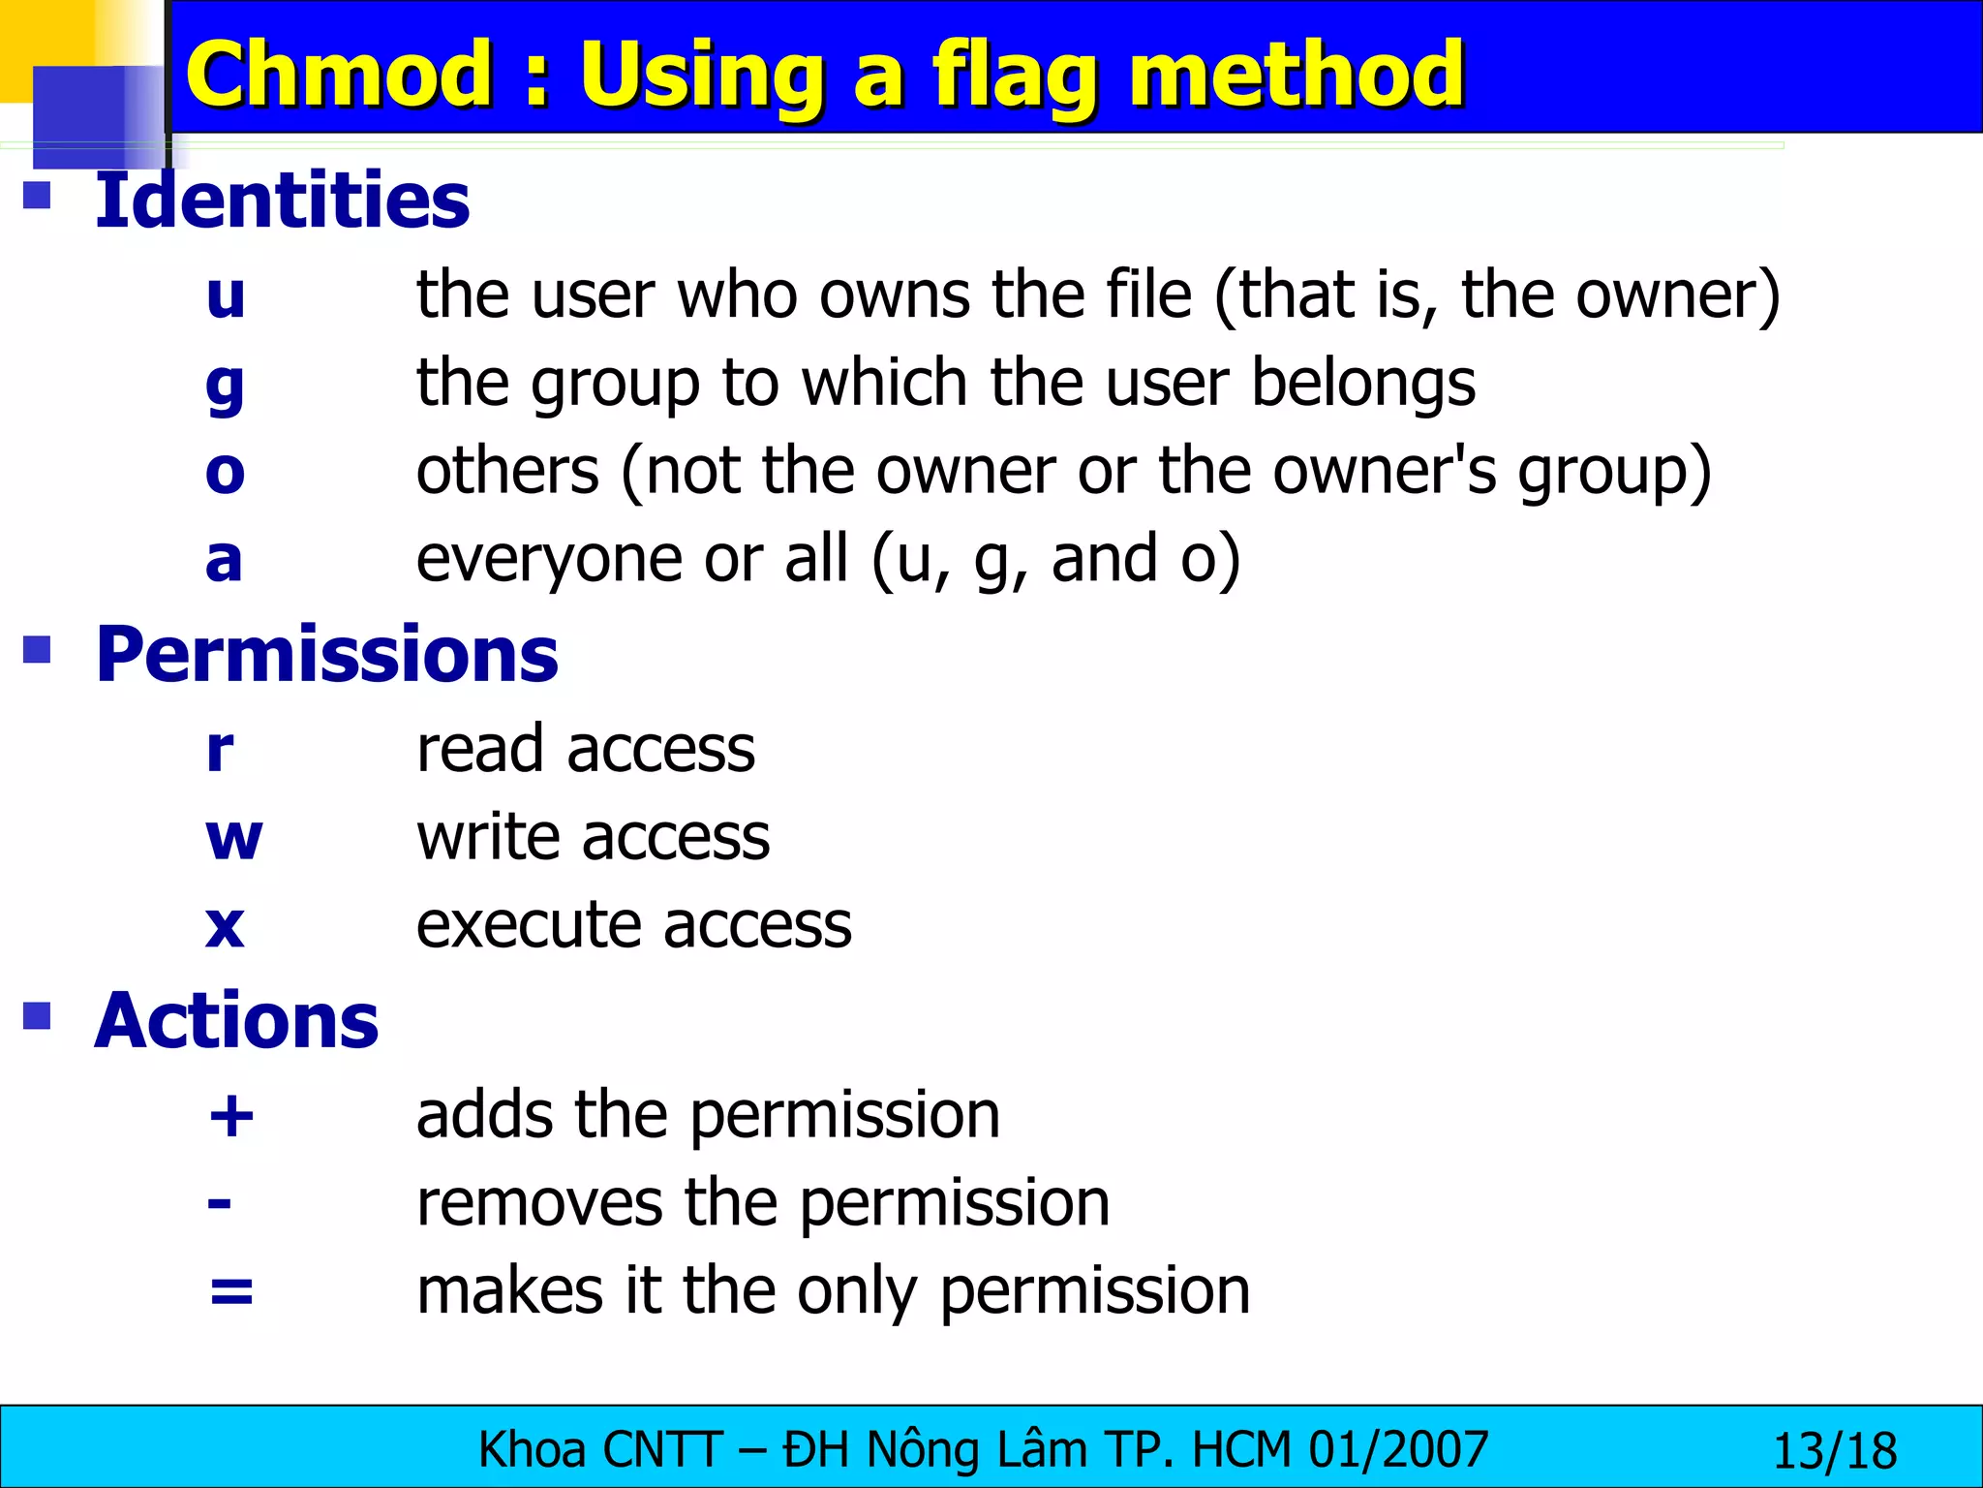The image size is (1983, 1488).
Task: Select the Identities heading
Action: [x=282, y=201]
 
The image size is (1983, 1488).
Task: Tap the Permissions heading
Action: [x=326, y=655]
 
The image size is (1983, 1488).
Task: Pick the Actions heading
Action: [x=236, y=1021]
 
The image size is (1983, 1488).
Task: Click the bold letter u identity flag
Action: [x=226, y=295]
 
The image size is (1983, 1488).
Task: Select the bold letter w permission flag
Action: [x=233, y=838]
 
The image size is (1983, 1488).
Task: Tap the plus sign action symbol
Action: [x=231, y=1116]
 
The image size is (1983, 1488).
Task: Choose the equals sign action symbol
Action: [x=231, y=1291]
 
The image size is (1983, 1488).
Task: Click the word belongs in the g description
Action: [x=1362, y=383]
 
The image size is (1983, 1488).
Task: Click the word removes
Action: [x=539, y=1203]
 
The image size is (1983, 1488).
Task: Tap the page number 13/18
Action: [x=1834, y=1451]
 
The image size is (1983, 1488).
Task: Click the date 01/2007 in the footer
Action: [x=1398, y=1450]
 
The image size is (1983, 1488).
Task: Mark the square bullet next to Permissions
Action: [x=37, y=649]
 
